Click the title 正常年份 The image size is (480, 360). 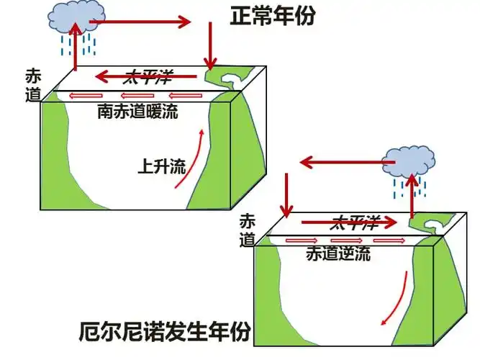[x=273, y=17]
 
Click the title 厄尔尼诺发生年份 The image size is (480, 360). [x=165, y=332]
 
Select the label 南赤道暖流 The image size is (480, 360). [x=137, y=112]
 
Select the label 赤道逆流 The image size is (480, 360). [x=338, y=254]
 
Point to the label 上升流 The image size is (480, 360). [x=160, y=167]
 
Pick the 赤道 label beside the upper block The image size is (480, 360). [x=33, y=84]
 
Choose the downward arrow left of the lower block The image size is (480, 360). [x=286, y=194]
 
